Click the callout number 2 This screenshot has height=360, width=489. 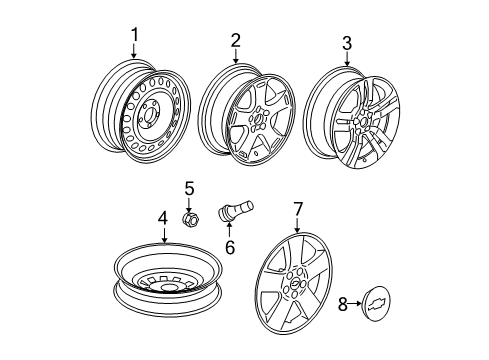(235, 40)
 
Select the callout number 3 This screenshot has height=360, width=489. (347, 42)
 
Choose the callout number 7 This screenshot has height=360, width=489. (296, 235)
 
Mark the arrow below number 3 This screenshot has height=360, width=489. (347, 59)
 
